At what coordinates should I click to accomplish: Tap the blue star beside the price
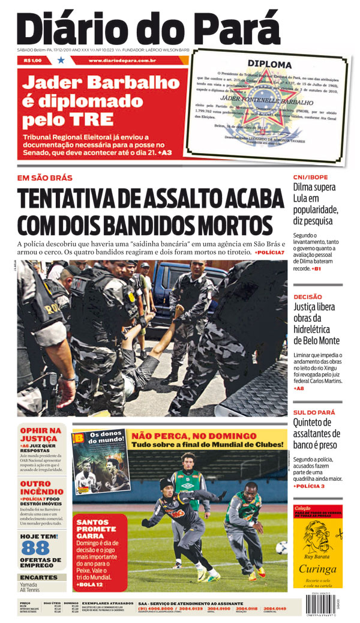(x=61, y=60)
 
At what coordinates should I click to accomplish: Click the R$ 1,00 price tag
(x=33, y=60)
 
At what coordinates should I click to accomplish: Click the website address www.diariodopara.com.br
(x=122, y=61)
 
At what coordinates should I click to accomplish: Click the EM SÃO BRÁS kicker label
(x=45, y=178)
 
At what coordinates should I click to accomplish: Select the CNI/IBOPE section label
(x=311, y=178)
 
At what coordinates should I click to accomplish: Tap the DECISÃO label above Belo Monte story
(x=308, y=296)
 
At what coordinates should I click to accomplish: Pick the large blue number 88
(x=35, y=548)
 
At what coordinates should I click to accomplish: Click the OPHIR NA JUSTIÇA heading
(x=41, y=434)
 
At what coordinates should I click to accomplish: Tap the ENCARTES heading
(x=39, y=577)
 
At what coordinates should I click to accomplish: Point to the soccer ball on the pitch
(x=281, y=547)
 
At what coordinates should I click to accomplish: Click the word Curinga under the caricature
(x=318, y=570)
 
